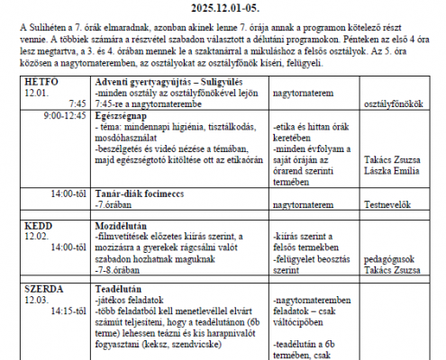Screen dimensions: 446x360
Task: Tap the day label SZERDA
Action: click(45, 290)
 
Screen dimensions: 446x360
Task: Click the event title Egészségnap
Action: click(123, 116)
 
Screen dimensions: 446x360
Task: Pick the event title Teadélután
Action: click(118, 290)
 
